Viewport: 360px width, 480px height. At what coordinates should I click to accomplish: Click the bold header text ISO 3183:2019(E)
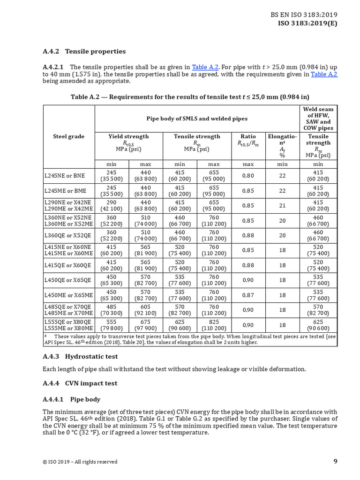307,23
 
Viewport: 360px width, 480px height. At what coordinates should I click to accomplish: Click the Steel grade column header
69,136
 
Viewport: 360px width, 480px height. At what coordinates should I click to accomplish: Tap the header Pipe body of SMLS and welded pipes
197,119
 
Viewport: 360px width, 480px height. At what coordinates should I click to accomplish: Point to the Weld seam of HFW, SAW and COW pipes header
318,119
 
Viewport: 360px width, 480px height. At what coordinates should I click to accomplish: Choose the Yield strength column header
128,136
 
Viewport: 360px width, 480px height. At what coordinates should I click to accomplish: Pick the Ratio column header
248,136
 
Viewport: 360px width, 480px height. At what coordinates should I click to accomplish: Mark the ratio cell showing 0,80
248,176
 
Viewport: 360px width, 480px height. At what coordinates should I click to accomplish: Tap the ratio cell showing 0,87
248,295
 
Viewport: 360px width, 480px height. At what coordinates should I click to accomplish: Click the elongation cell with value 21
282,205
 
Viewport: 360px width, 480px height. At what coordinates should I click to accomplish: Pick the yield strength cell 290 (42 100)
112,205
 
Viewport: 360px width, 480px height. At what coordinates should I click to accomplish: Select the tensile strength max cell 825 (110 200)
214,325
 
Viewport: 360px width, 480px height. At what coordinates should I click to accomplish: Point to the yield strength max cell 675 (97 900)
145,325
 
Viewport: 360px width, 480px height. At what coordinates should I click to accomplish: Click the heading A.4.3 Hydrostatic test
80,357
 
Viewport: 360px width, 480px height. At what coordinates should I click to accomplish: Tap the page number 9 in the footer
335,461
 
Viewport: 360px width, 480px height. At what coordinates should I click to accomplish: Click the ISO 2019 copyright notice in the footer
80,462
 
